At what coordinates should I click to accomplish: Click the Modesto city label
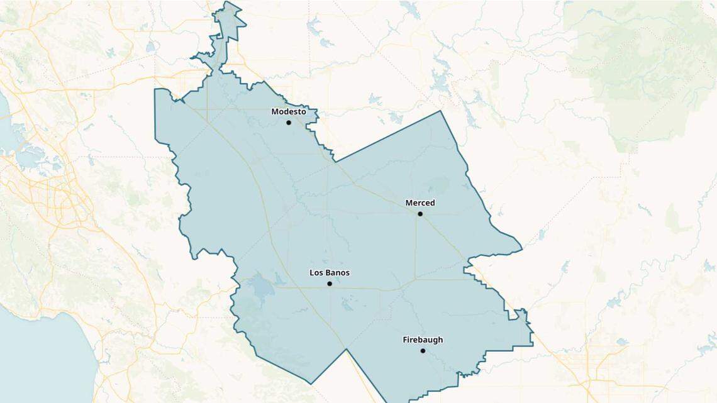tap(288, 112)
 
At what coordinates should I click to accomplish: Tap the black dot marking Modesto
tap(289, 123)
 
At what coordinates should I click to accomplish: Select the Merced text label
tap(420, 203)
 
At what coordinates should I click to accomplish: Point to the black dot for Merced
tap(420, 214)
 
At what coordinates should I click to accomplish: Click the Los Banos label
tap(330, 273)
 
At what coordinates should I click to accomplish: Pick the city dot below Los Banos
tap(330, 284)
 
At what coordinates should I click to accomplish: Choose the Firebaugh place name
tap(423, 340)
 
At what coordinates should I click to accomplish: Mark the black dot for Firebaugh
tap(423, 351)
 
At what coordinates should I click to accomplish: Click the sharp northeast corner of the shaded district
tap(440, 111)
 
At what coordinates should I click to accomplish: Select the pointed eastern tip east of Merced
tap(521, 250)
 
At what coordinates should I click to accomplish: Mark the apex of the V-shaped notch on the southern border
tap(346, 350)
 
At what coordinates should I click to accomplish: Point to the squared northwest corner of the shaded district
tap(156, 90)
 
